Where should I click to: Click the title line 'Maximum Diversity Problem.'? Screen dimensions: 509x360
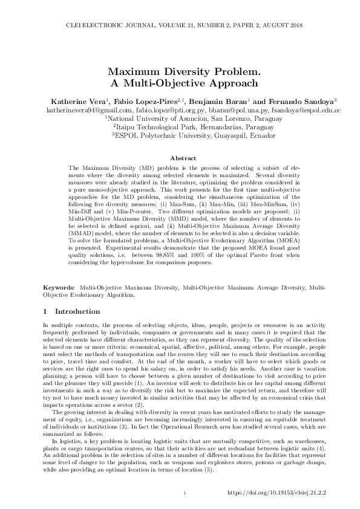click(x=180, y=71)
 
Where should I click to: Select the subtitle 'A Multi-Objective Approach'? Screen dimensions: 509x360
click(x=180, y=83)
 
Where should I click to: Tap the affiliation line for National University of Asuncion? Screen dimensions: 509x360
click(x=180, y=120)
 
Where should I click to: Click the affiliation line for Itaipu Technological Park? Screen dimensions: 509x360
click(x=180, y=128)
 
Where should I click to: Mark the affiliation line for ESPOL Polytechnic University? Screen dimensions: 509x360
click(x=180, y=137)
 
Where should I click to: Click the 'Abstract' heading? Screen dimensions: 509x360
click(x=180, y=158)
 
